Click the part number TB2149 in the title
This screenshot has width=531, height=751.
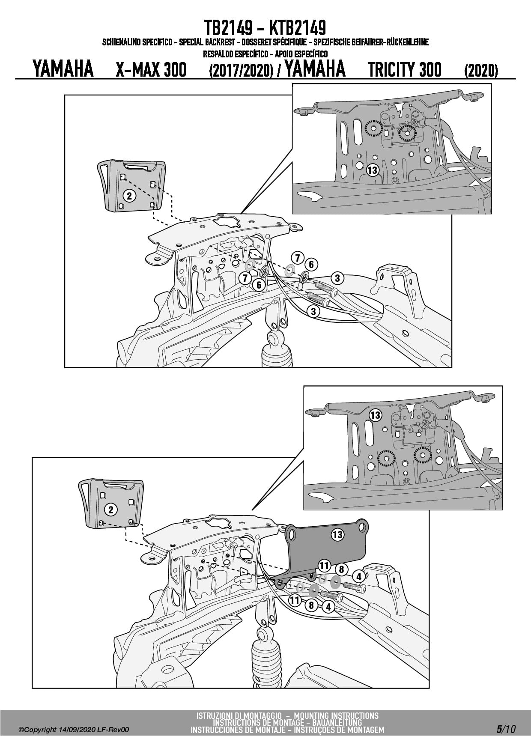pos(229,28)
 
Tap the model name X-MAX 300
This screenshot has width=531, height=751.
pos(151,70)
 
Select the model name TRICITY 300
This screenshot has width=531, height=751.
pos(405,70)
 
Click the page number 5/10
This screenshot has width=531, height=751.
pos(506,729)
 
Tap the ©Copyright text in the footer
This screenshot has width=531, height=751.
pos(38,730)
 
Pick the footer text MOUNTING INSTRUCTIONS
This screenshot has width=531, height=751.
pos(337,715)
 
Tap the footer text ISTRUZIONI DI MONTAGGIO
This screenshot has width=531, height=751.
pos(239,715)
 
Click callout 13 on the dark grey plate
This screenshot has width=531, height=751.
pos(337,534)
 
